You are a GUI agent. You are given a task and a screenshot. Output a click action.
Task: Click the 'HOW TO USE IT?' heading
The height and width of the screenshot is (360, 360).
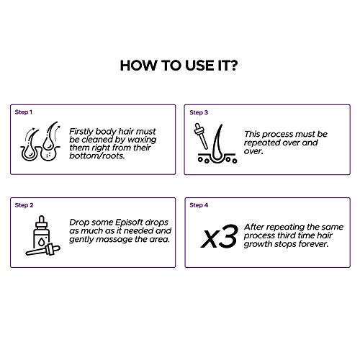(179, 66)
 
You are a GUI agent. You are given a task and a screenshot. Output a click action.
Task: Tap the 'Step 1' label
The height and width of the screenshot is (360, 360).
(24, 112)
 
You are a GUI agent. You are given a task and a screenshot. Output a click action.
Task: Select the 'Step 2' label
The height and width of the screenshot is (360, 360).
(24, 205)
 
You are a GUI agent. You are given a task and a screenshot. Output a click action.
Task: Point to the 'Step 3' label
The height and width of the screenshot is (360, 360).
(199, 112)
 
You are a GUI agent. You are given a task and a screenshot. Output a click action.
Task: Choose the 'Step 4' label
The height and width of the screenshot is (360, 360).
(199, 205)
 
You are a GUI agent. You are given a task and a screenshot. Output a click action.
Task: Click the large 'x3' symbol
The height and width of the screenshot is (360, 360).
(220, 236)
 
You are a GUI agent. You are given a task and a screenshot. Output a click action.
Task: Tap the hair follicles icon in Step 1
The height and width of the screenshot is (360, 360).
(40, 141)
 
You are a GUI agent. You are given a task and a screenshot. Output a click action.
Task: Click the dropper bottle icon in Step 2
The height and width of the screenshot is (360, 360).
(42, 235)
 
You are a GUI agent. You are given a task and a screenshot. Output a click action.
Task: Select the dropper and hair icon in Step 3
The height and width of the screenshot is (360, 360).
(215, 143)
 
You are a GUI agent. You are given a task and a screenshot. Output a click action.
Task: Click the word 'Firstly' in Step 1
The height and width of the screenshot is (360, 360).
(81, 132)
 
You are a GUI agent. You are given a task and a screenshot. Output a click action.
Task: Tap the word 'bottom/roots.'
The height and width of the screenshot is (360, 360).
(97, 156)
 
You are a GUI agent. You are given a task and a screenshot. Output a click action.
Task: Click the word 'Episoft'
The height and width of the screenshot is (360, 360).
(130, 222)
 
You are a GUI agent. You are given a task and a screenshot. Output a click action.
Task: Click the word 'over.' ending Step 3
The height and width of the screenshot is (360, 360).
(253, 151)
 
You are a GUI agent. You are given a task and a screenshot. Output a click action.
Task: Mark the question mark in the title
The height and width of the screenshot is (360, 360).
(233, 66)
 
